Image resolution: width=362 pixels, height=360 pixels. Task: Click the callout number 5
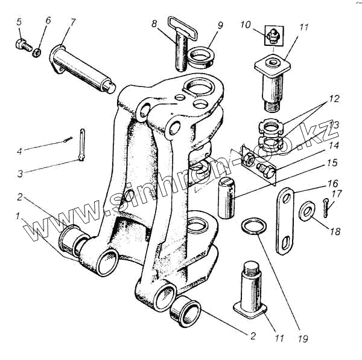coord(19,22)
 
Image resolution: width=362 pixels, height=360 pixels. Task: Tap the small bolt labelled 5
coord(21,44)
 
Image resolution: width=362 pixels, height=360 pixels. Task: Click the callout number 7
coord(73,22)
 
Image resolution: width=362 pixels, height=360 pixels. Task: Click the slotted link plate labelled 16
coord(287,220)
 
